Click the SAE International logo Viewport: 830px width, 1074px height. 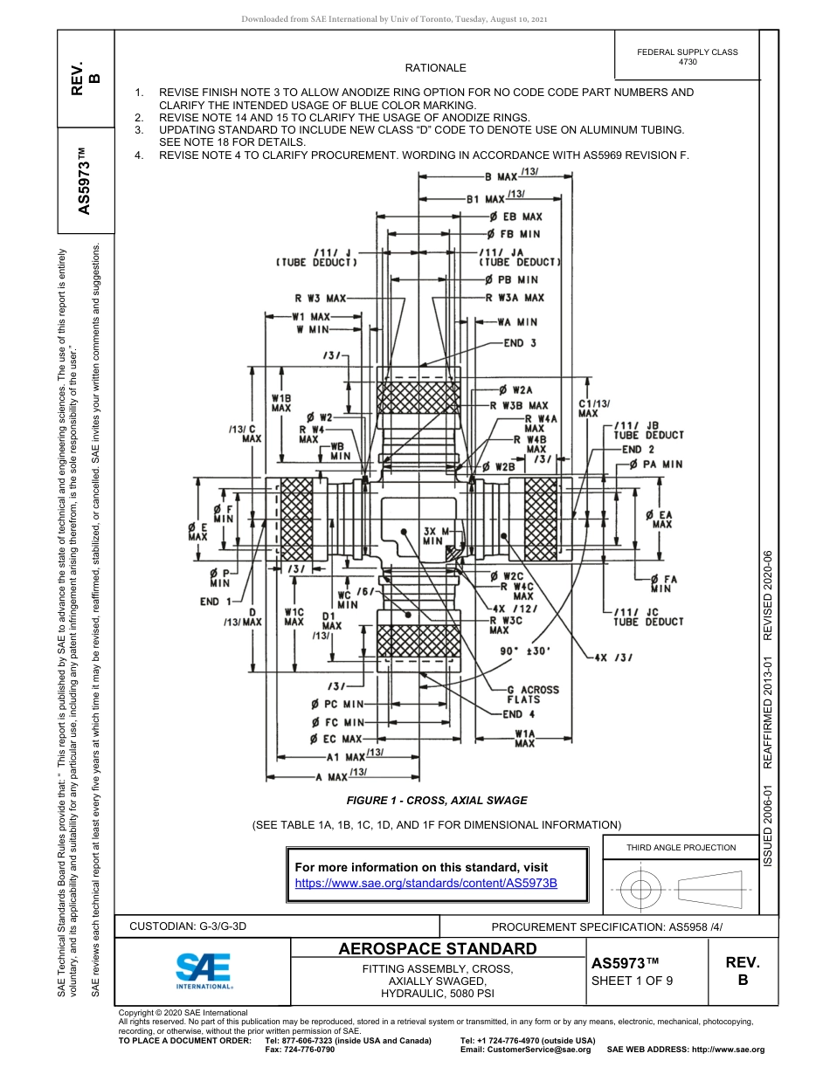point(204,970)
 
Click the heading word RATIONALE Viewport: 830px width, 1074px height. point(435,68)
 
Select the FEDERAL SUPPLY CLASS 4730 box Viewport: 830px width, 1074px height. point(687,57)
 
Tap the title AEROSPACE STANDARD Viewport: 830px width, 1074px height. point(438,948)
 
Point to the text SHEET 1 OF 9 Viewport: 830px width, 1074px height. point(632,980)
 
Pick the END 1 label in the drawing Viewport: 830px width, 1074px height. point(216,602)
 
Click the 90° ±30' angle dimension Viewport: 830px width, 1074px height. point(523,651)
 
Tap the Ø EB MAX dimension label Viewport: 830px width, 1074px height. point(515,217)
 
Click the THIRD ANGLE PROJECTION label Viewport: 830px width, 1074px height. point(681,847)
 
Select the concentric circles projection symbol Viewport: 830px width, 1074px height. point(641,890)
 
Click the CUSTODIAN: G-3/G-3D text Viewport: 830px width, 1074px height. point(188,926)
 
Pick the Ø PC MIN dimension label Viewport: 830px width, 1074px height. point(336,704)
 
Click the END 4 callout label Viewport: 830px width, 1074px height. point(519,714)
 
